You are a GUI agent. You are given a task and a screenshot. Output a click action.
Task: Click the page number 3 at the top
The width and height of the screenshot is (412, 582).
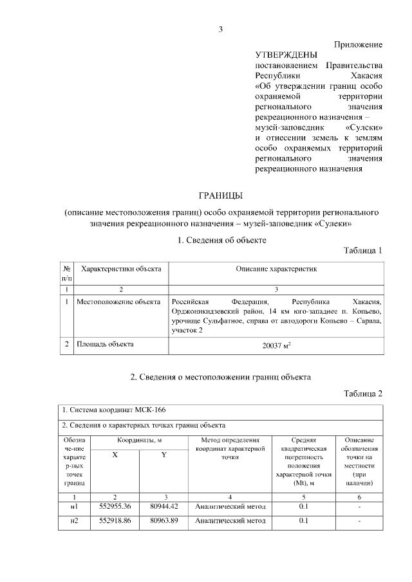(220, 29)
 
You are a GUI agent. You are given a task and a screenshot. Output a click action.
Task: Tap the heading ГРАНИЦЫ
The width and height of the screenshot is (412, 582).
(220, 195)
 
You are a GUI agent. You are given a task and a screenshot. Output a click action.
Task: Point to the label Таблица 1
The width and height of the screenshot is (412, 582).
(363, 250)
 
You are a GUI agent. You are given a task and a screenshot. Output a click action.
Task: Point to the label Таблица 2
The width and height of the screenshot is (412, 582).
(363, 394)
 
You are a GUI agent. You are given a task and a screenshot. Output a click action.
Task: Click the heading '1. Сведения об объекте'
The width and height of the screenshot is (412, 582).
(221, 240)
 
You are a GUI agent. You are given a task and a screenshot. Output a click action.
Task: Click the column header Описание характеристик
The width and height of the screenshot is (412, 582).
(276, 268)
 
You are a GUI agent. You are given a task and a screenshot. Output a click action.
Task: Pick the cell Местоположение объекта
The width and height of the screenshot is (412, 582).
(118, 301)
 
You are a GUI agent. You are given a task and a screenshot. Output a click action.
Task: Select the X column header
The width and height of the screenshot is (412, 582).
(115, 455)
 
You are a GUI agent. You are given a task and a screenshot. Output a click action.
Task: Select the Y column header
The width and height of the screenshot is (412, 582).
(164, 455)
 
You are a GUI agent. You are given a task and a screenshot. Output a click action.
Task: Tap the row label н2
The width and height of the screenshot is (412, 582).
(74, 521)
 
